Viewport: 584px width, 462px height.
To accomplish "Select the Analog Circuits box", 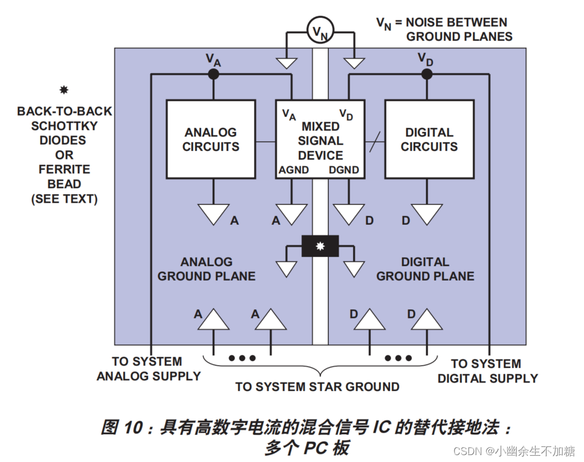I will click(x=210, y=139).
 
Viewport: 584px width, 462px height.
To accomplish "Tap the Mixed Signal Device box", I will click(x=320, y=139).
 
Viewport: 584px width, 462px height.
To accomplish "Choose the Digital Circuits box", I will click(x=429, y=139).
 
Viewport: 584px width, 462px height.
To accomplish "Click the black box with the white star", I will click(x=320, y=246).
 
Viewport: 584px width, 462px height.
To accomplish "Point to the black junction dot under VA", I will click(x=214, y=74).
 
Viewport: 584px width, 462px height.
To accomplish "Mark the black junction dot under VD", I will click(x=426, y=74).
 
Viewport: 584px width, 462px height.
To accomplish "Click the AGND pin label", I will click(x=294, y=170).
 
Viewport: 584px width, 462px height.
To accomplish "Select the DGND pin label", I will click(x=344, y=170).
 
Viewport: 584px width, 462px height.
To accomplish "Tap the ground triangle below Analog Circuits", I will click(x=214, y=213).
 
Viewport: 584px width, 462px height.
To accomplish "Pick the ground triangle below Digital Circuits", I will click(x=427, y=213).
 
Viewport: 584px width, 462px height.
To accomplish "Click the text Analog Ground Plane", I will click(x=206, y=269).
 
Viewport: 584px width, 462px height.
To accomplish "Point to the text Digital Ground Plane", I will click(x=425, y=269).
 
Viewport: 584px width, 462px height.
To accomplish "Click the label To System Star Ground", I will click(x=317, y=387).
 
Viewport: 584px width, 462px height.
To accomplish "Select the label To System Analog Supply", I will click(x=148, y=369).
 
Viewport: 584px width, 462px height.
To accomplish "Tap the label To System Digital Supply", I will click(x=487, y=371).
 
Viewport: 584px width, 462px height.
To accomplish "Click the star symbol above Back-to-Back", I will click(x=64, y=90).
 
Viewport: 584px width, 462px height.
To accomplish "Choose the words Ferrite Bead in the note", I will click(x=64, y=177).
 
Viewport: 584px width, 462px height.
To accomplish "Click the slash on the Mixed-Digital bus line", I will click(x=374, y=142).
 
